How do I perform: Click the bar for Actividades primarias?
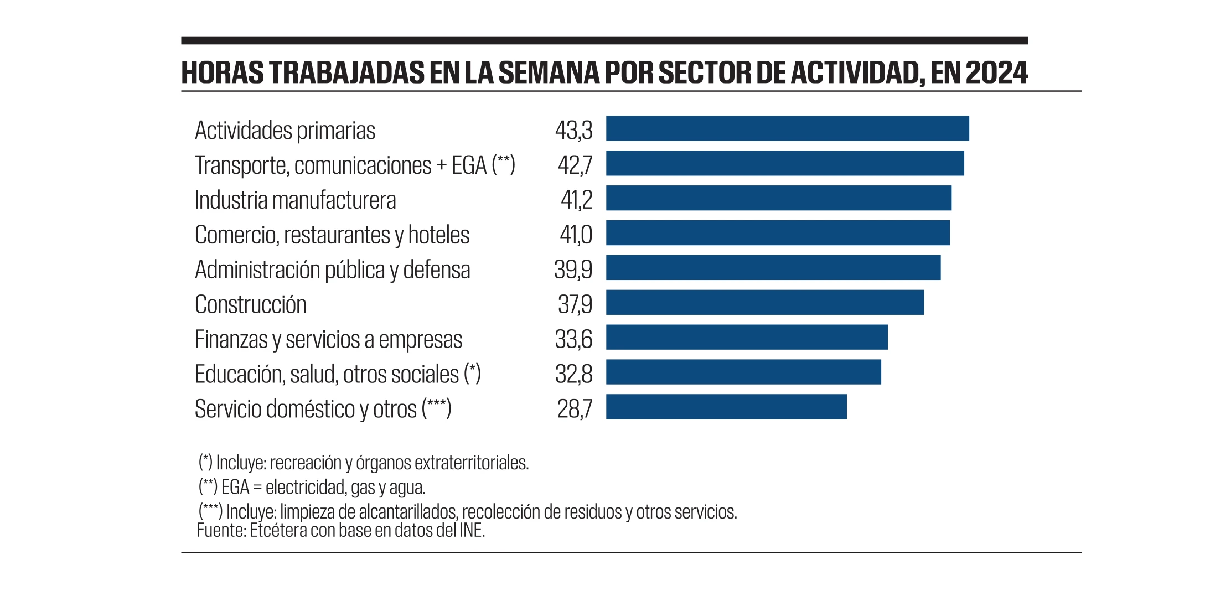(787, 128)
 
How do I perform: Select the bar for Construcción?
(764, 302)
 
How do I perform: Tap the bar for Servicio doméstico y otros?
(726, 407)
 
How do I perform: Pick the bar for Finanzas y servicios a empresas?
(746, 337)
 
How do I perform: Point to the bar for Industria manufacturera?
(778, 198)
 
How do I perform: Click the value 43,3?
(573, 131)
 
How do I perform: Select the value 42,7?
(575, 165)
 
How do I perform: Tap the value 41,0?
(576, 235)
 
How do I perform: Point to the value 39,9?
(573, 270)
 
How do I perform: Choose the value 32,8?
(573, 374)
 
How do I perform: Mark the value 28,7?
(575, 409)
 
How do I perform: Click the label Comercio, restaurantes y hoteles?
(332, 235)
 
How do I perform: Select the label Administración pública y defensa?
(332, 270)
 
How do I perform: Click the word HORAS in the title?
(223, 73)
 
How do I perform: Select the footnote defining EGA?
(312, 487)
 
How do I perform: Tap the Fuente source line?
(340, 530)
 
